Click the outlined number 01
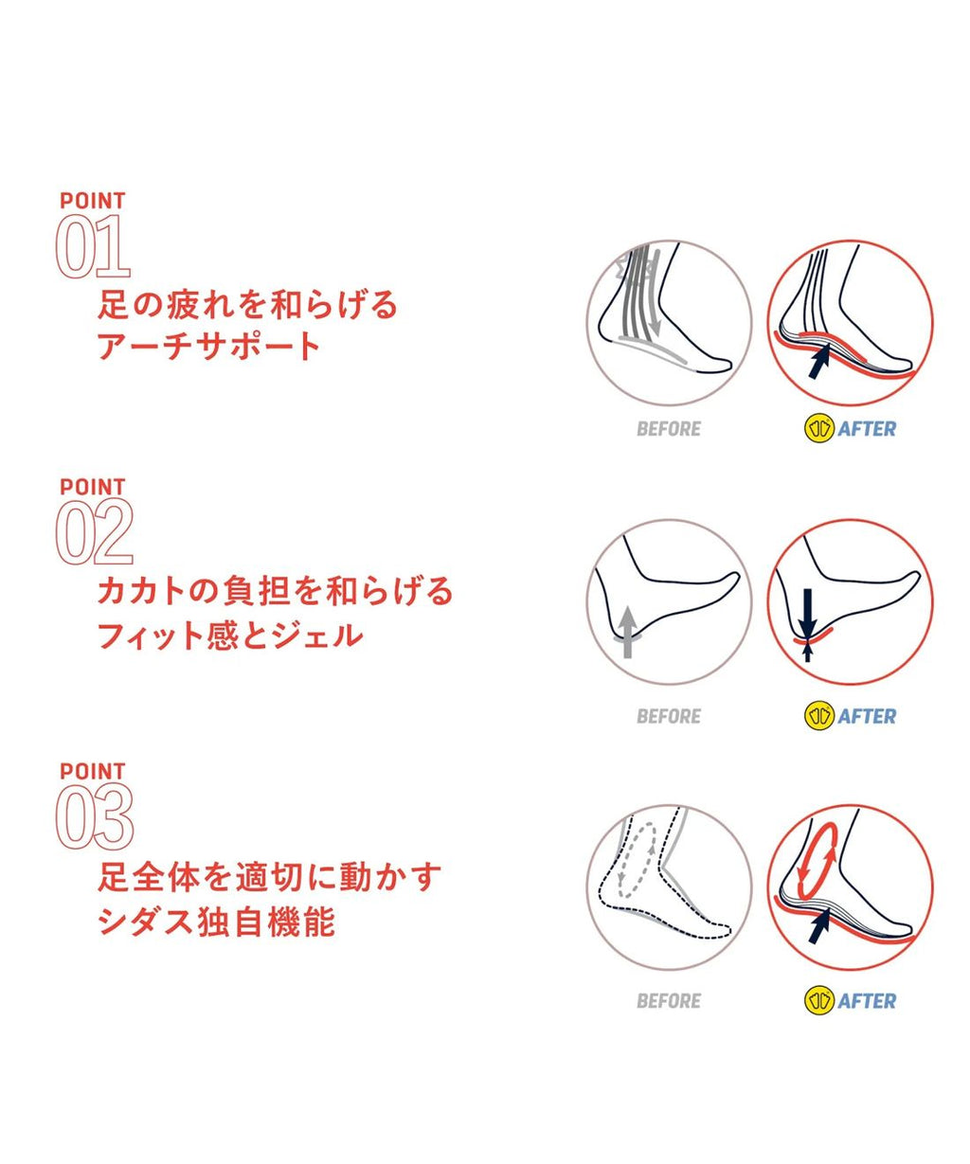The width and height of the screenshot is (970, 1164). (93, 246)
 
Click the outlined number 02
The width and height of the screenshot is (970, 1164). (94, 532)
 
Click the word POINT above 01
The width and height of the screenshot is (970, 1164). (93, 201)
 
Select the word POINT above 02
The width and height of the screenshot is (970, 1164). (93, 487)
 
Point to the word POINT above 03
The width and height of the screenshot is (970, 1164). (93, 771)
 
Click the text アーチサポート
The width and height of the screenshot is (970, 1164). (209, 346)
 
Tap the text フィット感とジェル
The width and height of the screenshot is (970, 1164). (230, 635)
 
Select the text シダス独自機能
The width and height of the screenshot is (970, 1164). (216, 922)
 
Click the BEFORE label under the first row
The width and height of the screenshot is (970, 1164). (669, 429)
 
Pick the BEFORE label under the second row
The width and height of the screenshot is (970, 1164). (669, 716)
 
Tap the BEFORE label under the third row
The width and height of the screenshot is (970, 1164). (669, 1001)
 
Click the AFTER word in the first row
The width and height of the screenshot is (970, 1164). (867, 429)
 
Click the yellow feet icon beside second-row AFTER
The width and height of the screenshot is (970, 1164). (819, 716)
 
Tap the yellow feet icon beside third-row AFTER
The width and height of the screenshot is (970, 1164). (819, 1001)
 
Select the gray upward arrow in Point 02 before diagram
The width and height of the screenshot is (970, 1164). (628, 632)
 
